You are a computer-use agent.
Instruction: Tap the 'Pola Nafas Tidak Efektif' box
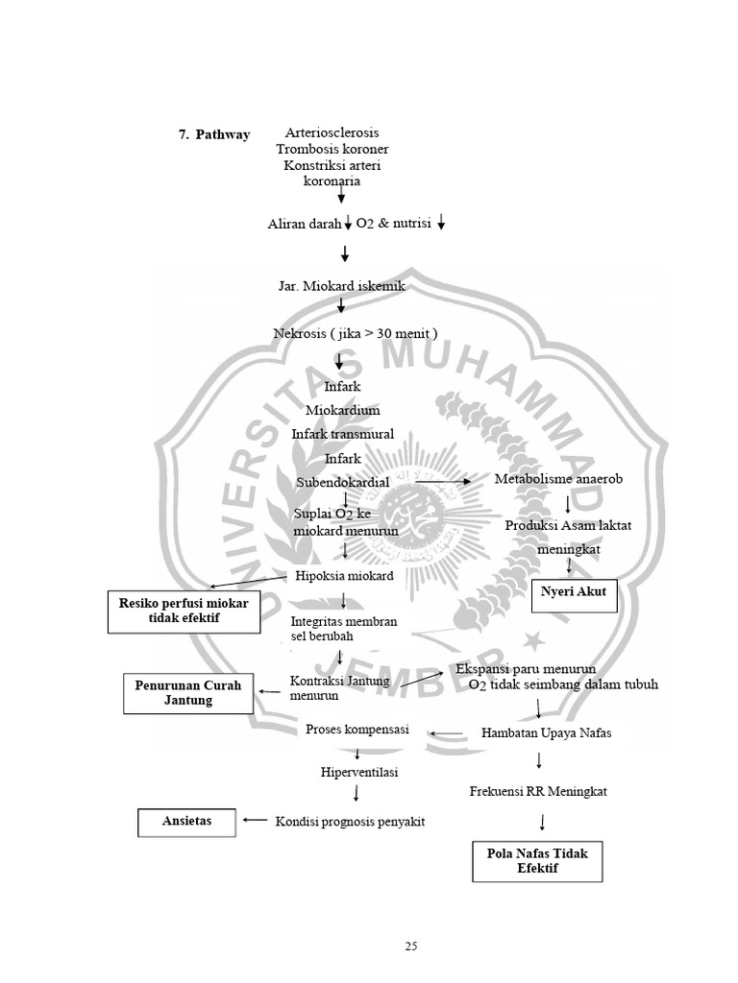[x=537, y=860]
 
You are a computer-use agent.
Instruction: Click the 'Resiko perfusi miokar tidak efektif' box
[x=184, y=611]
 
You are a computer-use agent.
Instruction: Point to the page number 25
[x=411, y=947]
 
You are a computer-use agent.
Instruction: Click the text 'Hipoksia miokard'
[x=343, y=575]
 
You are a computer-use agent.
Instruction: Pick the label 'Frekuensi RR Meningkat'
[x=537, y=792]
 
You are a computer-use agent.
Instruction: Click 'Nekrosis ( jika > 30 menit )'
[x=356, y=334]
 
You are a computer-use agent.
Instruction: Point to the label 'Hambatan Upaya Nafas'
[x=546, y=733]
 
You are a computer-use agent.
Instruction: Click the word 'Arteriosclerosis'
[x=332, y=132]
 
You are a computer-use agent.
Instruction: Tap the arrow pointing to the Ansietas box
[x=255, y=820]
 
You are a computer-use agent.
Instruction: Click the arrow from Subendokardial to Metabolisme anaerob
[x=443, y=481]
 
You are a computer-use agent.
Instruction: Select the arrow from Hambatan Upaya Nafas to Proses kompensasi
[x=446, y=732]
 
